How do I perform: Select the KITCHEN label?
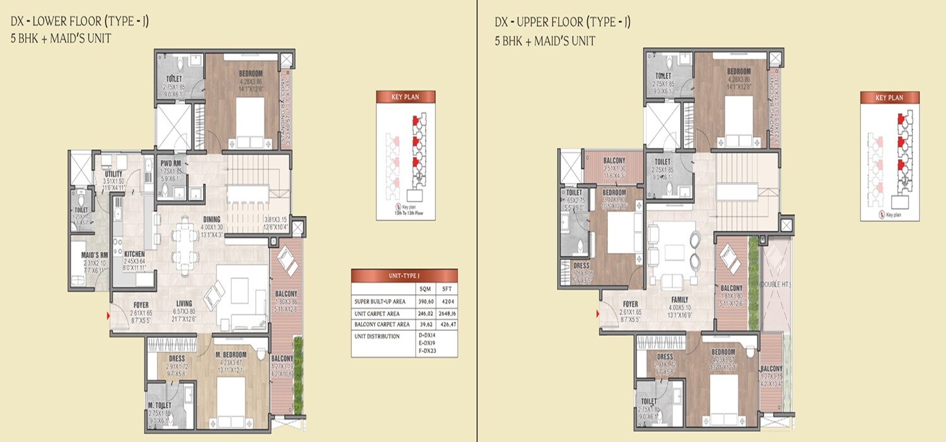(135, 254)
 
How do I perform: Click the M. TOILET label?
(160, 404)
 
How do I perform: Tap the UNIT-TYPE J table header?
(404, 276)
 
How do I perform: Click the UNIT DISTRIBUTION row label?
(378, 337)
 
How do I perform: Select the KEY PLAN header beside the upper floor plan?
(889, 98)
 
